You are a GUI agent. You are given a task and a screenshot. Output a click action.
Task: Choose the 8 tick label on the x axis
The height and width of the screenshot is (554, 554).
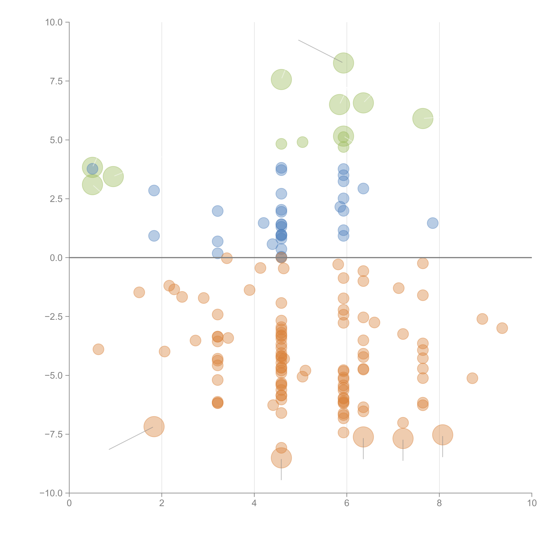[439, 503]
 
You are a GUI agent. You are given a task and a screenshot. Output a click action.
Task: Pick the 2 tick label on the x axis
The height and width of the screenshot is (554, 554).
[162, 503]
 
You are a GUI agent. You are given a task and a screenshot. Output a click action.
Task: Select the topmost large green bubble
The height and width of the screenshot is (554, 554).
[343, 63]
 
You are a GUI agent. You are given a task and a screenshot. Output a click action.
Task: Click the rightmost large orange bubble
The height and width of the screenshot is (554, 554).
[442, 435]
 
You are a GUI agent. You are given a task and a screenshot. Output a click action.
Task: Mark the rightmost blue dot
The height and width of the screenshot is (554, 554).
[432, 223]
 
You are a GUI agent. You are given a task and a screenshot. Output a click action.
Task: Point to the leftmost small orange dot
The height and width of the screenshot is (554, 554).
[98, 349]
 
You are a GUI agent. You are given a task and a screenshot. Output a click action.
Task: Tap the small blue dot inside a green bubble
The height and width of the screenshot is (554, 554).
[92, 169]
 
